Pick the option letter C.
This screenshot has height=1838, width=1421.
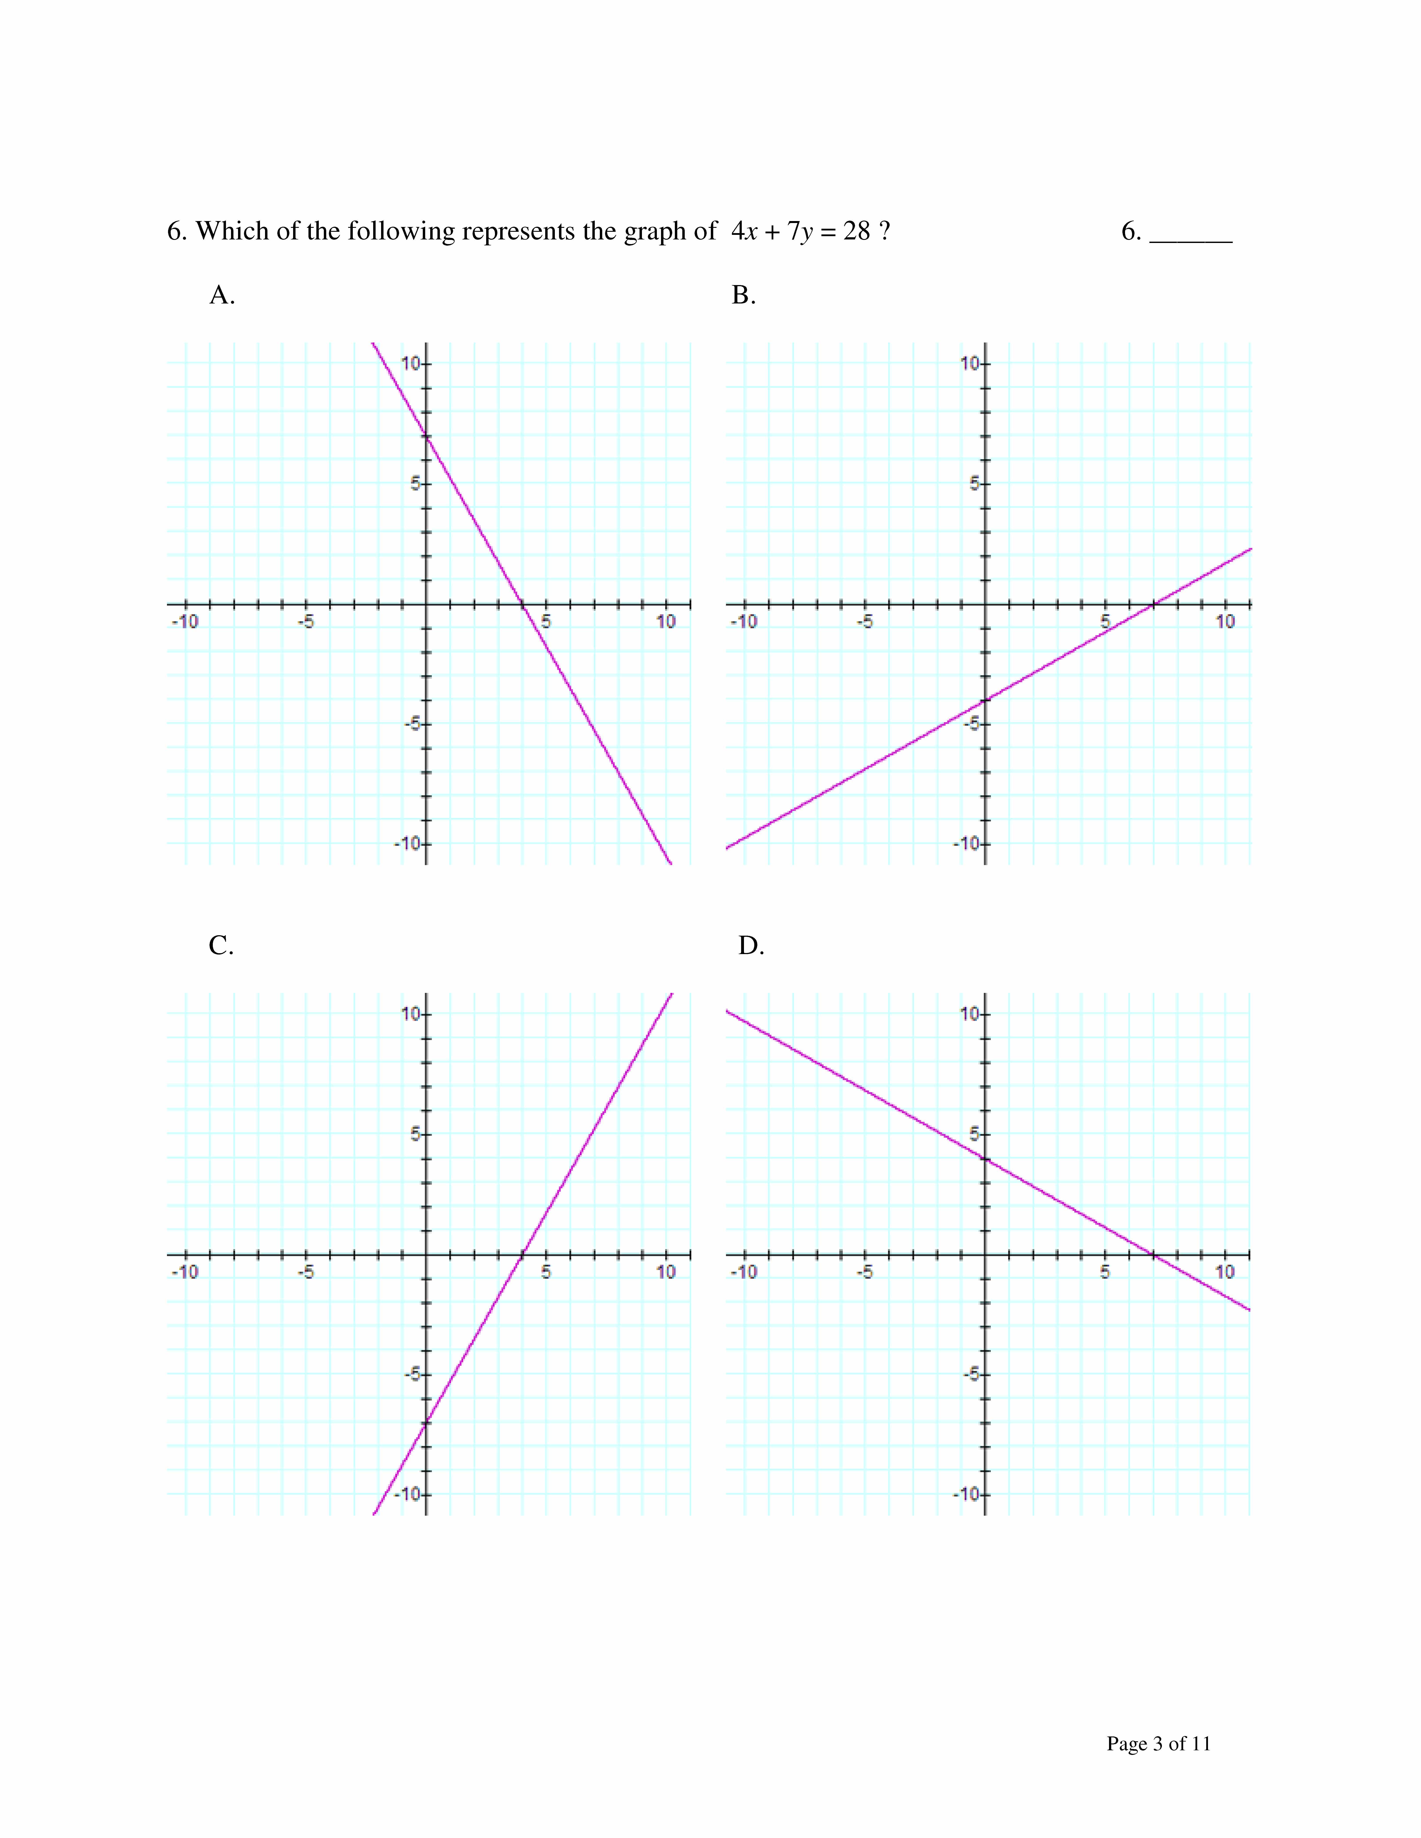pyautogui.click(x=220, y=946)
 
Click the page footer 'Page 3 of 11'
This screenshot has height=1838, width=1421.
pyautogui.click(x=1158, y=1743)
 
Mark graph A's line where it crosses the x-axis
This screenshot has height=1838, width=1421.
pyautogui.click(x=522, y=603)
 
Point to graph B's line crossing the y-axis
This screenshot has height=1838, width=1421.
pyautogui.click(x=985, y=699)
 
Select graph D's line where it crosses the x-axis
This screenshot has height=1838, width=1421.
pyautogui.click(x=1153, y=1254)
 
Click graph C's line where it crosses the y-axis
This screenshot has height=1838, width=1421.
pyautogui.click(x=426, y=1422)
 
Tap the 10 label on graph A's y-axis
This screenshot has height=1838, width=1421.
pyautogui.click(x=410, y=364)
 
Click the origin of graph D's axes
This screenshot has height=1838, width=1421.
pyautogui.click(x=985, y=1254)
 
